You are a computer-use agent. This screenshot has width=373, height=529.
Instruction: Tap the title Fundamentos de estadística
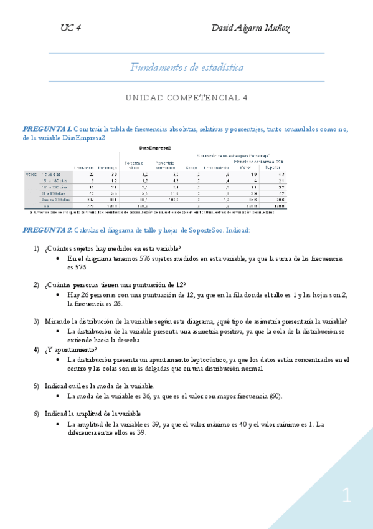tap(187, 67)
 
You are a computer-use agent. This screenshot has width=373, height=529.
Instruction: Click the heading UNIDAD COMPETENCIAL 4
tap(187, 98)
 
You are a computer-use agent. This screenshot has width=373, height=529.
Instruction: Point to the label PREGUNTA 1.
tap(47, 129)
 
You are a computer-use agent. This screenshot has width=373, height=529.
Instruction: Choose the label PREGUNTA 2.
tap(47, 230)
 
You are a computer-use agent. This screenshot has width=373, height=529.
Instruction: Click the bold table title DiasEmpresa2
tap(155, 148)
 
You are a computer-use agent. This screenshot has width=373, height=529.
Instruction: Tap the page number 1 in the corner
tap(346, 497)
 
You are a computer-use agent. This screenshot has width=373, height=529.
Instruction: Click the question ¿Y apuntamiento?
tap(70, 349)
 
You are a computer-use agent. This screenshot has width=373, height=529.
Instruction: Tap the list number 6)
tap(36, 414)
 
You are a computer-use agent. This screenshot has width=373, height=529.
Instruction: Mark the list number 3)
tap(36, 321)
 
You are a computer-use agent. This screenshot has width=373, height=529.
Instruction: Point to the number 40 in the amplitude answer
tap(233, 424)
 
